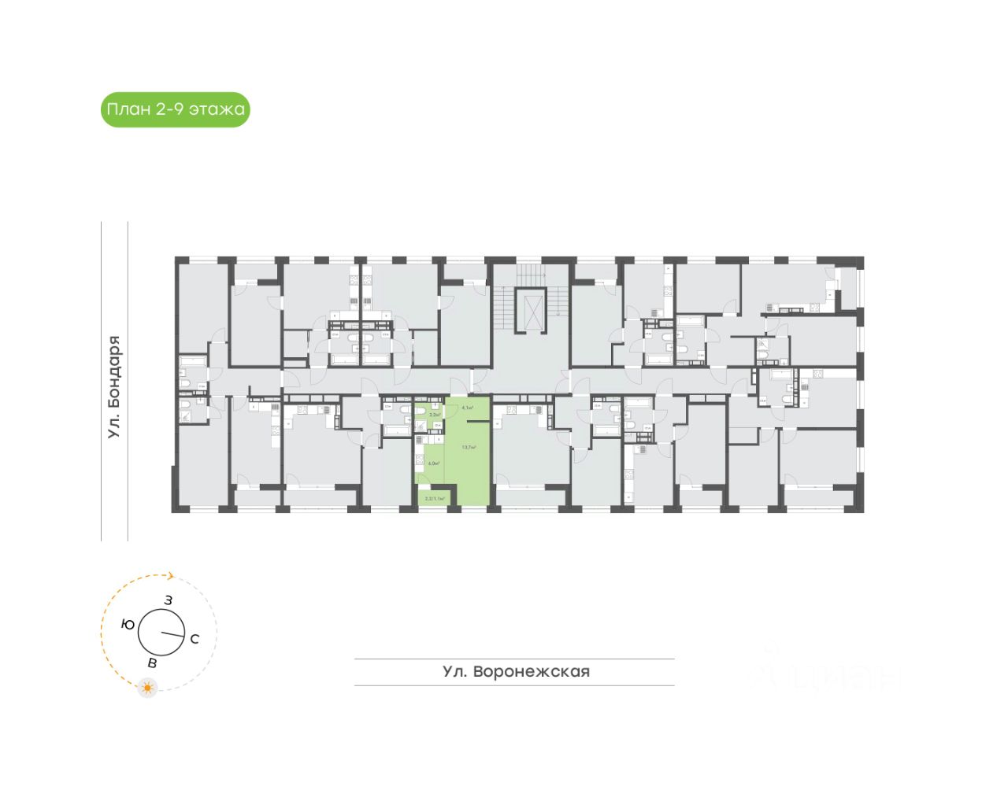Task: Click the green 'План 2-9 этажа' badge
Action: tap(175, 109)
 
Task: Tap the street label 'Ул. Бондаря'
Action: tap(115, 387)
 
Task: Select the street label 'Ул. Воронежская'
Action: tap(516, 672)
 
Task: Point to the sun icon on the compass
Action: tap(146, 688)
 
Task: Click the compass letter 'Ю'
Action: tap(127, 625)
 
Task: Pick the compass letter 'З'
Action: tap(168, 600)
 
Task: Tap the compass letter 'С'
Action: tap(195, 639)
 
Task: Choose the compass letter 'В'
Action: tap(152, 663)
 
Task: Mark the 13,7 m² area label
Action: tap(469, 447)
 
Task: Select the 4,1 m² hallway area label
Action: tap(468, 408)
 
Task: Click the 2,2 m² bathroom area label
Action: tap(434, 414)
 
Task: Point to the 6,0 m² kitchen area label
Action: tap(433, 463)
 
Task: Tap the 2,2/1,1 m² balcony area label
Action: tap(435, 499)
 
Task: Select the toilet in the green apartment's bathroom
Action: tap(421, 411)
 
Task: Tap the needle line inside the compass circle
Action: tap(172, 634)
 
